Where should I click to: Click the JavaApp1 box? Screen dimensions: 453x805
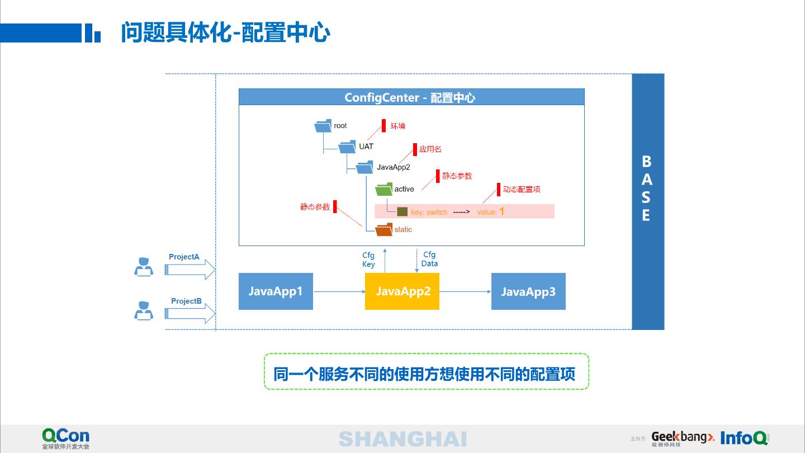(x=276, y=291)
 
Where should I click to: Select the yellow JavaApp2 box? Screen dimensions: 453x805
(x=402, y=291)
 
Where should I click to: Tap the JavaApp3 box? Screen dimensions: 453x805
(x=528, y=291)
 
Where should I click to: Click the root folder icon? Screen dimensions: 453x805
(x=323, y=126)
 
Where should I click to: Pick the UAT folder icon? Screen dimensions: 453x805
(x=347, y=147)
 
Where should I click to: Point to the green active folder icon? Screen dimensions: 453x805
(x=384, y=189)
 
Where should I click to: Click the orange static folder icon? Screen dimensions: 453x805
(x=384, y=229)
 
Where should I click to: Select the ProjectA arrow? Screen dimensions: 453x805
(x=190, y=269)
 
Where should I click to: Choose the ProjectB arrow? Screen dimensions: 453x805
(x=190, y=313)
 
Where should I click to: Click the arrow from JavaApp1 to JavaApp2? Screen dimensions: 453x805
(x=339, y=291)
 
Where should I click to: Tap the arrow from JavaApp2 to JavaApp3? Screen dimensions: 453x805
(x=465, y=291)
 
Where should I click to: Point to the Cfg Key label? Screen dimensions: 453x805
(x=368, y=259)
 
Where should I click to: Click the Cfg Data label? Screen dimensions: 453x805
(x=429, y=259)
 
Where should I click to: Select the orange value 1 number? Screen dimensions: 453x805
(x=501, y=211)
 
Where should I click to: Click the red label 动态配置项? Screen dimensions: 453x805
(x=521, y=190)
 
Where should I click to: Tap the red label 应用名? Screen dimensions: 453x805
(x=430, y=149)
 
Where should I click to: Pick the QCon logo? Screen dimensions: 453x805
(x=65, y=437)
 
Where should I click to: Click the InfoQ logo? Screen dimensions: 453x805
(x=744, y=437)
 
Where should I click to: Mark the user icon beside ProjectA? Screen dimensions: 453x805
(x=144, y=267)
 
